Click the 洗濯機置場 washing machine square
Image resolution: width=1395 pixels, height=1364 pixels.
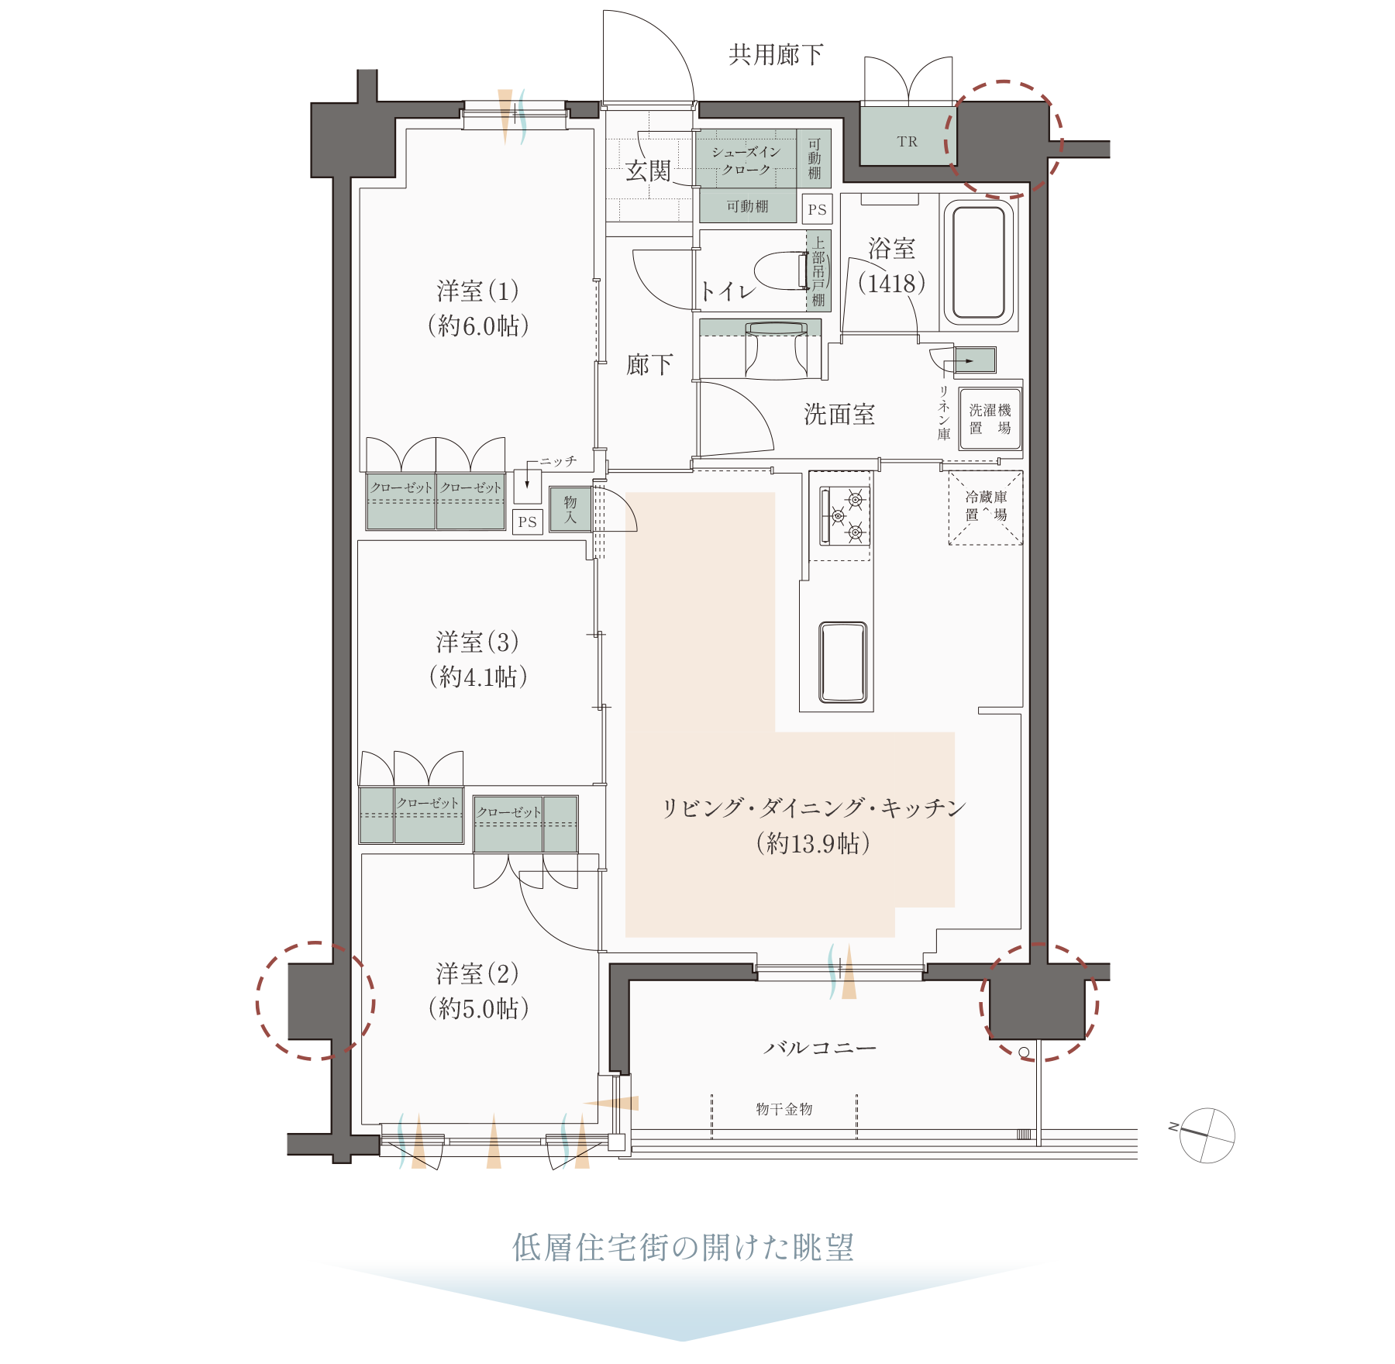click(x=990, y=418)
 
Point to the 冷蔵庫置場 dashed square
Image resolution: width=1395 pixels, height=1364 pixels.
click(x=986, y=507)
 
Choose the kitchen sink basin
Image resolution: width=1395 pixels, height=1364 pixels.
click(x=842, y=661)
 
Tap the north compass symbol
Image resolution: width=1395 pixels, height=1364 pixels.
click(x=1207, y=1135)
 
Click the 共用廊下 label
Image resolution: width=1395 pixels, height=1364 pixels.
click(x=775, y=54)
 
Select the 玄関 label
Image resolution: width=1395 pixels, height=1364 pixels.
click(x=648, y=170)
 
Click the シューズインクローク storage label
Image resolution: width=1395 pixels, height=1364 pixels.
click(x=746, y=160)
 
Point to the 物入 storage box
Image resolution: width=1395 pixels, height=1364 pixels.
click(x=570, y=509)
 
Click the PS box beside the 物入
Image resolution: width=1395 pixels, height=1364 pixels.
click(x=528, y=522)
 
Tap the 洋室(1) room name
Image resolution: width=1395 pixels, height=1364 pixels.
click(x=477, y=291)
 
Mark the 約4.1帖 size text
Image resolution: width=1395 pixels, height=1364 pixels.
click(x=478, y=677)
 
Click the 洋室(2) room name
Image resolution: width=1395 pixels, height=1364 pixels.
click(x=477, y=973)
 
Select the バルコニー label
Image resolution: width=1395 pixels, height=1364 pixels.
click(x=819, y=1048)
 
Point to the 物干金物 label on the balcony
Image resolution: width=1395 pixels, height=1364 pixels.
click(x=784, y=1109)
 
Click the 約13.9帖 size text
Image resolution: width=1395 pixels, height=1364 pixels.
click(x=813, y=843)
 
